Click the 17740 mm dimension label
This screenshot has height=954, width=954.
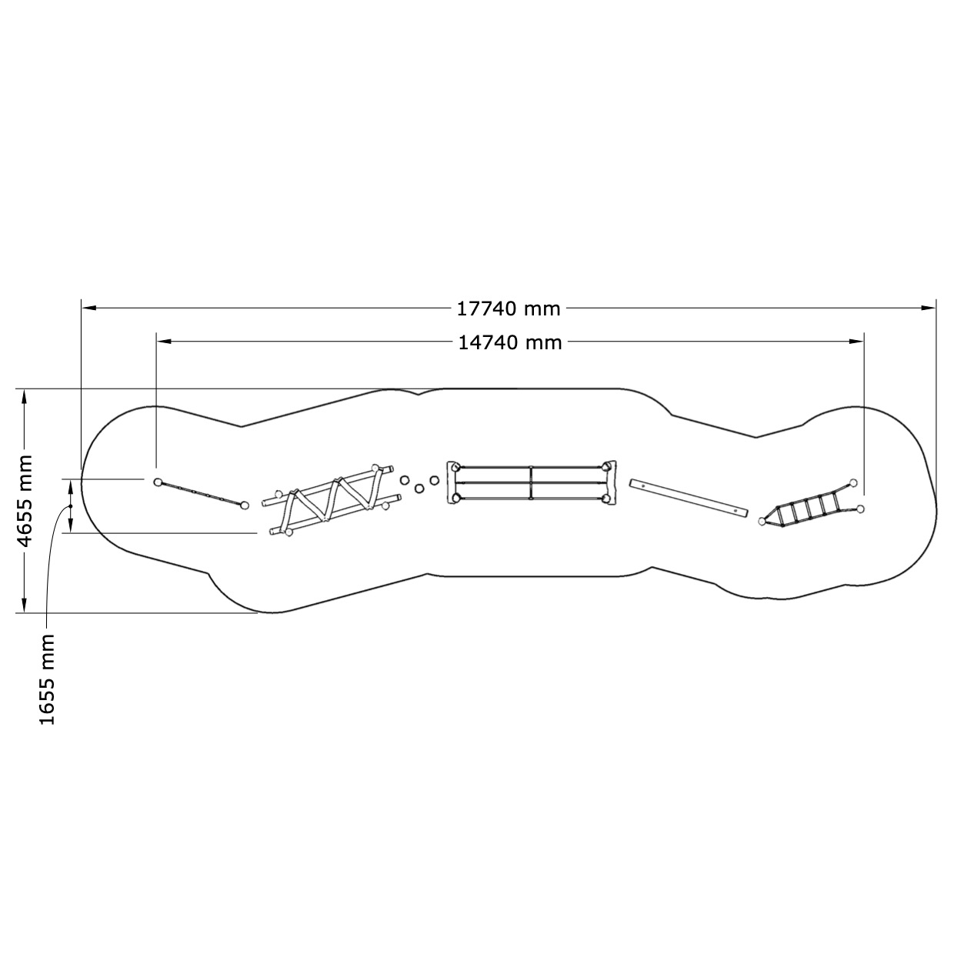[508, 309]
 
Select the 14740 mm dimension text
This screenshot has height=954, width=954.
[510, 342]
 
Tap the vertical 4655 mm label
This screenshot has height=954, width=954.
[25, 501]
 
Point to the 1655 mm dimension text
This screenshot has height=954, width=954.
[46, 679]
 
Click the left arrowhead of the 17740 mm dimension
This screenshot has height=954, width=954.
[88, 308]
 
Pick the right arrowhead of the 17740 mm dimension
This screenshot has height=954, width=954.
[929, 308]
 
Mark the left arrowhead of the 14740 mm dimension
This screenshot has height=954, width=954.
[164, 341]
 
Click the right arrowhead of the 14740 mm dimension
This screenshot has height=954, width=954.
[856, 341]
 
